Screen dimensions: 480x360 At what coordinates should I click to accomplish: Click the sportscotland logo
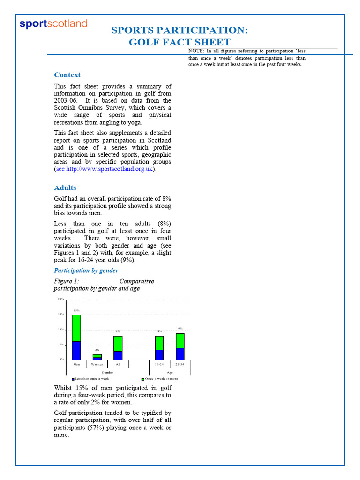click(x=53, y=24)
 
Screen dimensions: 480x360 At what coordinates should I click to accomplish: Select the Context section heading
click(x=67, y=75)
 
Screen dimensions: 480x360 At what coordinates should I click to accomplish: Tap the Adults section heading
click(x=65, y=188)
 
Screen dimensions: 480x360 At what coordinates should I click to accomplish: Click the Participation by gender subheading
click(x=86, y=270)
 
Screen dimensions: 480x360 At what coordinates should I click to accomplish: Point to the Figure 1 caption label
click(x=67, y=281)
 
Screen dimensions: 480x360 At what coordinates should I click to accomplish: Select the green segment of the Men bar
click(x=76, y=328)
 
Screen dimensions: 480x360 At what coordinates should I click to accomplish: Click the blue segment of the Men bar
click(x=76, y=350)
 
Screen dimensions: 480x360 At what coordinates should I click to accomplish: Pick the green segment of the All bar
click(x=118, y=343)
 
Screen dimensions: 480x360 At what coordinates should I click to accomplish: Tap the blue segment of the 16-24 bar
click(x=159, y=354)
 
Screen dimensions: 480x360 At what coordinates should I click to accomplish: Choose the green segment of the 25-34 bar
click(x=180, y=340)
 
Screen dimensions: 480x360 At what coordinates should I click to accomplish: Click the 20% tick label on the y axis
click(x=61, y=299)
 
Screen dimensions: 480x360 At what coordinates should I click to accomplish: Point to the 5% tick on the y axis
click(x=61, y=345)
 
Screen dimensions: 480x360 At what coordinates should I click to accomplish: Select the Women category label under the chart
click(x=97, y=364)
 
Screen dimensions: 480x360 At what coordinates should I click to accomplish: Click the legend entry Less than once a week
click(x=91, y=378)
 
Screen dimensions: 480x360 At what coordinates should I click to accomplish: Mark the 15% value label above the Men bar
click(x=76, y=311)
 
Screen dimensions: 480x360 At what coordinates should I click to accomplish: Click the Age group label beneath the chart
click(x=170, y=372)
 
